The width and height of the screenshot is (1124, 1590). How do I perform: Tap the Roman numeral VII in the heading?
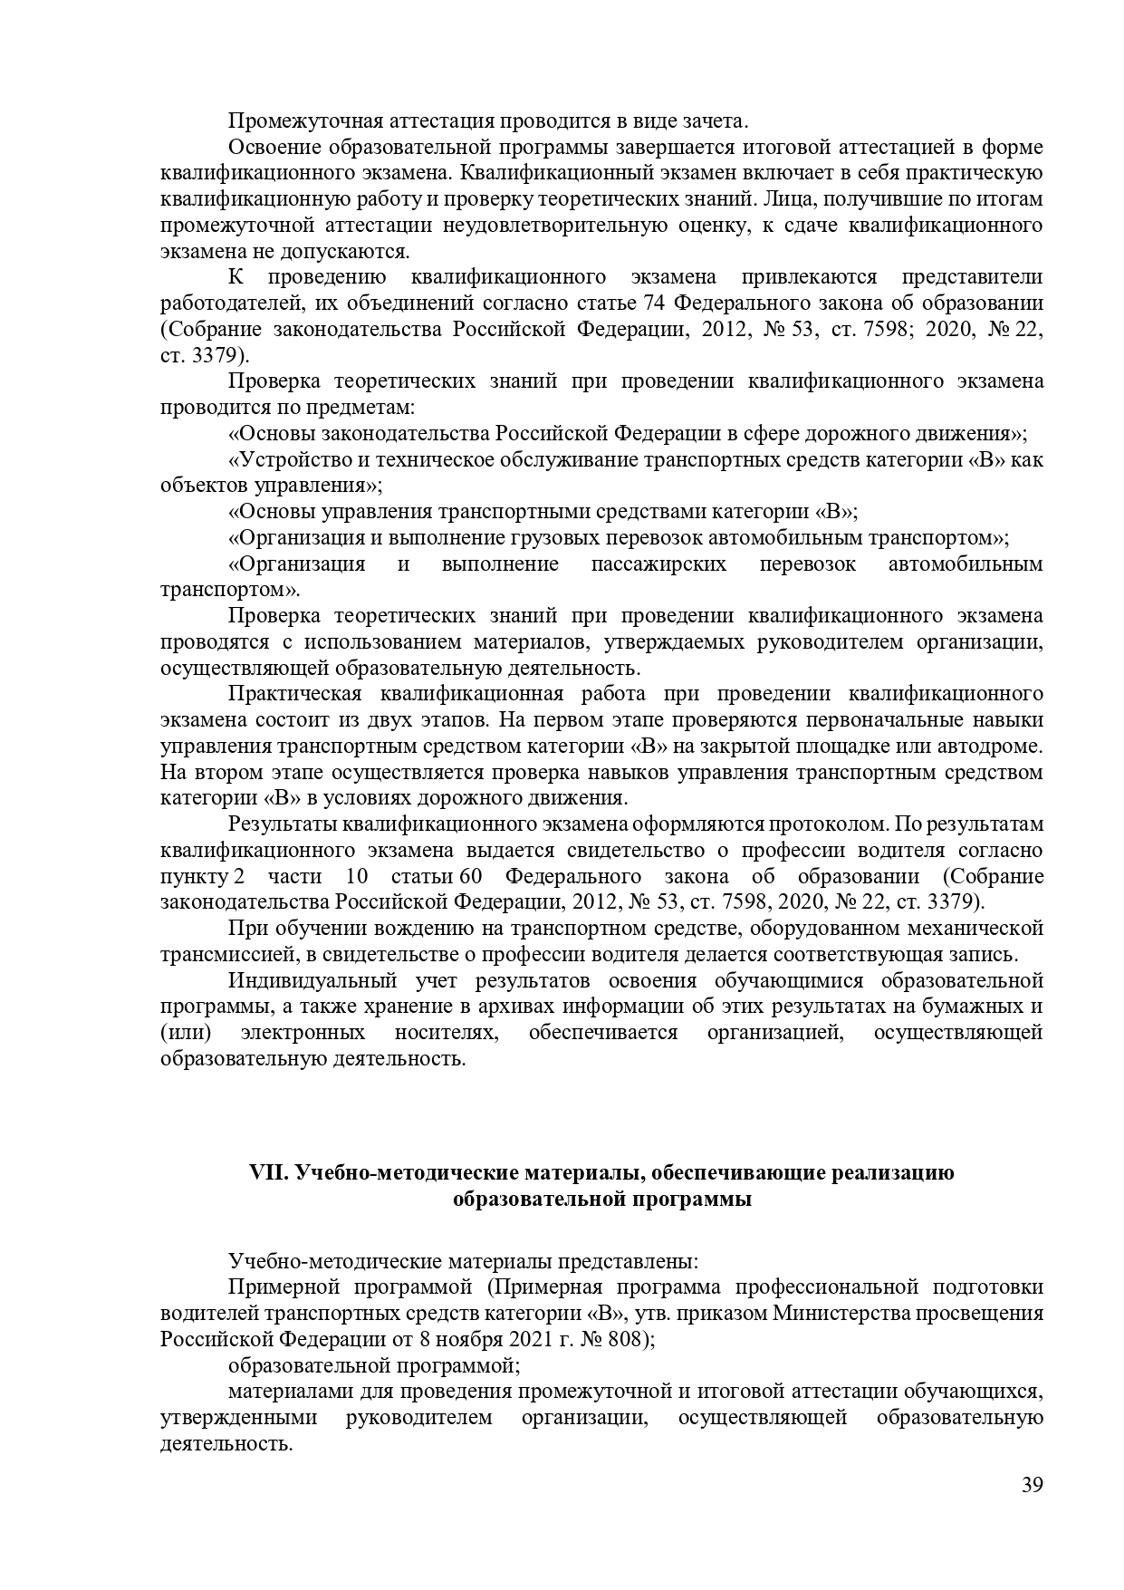[x=269, y=1173]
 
